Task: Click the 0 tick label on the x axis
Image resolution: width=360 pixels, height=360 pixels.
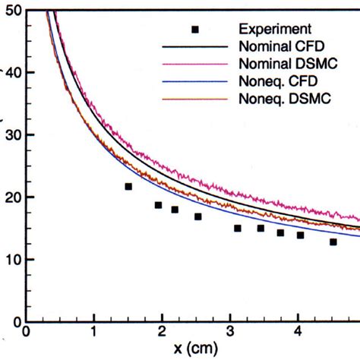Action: coord(27,332)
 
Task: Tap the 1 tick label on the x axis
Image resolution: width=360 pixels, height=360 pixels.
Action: coord(94,332)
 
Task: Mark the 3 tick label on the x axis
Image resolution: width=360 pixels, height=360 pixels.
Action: coord(230,332)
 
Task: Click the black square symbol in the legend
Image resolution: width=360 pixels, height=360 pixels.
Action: coord(195,30)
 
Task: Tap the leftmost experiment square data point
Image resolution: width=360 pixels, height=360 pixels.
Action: coord(128,186)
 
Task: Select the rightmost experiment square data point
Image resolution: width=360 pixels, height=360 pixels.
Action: coord(333,242)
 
